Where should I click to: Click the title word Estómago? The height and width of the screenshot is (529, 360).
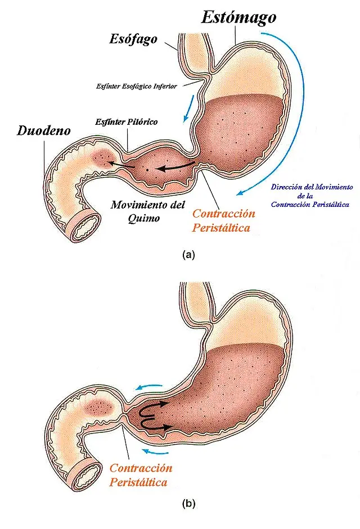pyautogui.click(x=238, y=18)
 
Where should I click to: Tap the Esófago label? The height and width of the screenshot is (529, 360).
pyautogui.click(x=133, y=39)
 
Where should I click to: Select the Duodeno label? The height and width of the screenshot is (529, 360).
pyautogui.click(x=44, y=130)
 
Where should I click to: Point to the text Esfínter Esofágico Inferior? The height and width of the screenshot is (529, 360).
pyautogui.click(x=137, y=87)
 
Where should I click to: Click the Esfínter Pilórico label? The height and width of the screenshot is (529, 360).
pyautogui.click(x=127, y=122)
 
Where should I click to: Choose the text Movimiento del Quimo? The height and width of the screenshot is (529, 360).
pyautogui.click(x=148, y=211)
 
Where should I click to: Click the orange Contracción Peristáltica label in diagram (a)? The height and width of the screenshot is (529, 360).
pyautogui.click(x=223, y=220)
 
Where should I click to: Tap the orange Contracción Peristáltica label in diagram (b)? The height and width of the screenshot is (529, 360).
pyautogui.click(x=141, y=474)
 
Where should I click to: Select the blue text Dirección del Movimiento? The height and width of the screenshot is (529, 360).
pyautogui.click(x=312, y=187)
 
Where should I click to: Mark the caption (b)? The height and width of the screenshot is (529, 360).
pyautogui.click(x=188, y=504)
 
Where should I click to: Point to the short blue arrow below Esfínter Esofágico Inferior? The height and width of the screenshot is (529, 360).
pyautogui.click(x=189, y=108)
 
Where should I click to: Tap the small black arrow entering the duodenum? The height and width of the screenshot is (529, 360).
pyautogui.click(x=119, y=165)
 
